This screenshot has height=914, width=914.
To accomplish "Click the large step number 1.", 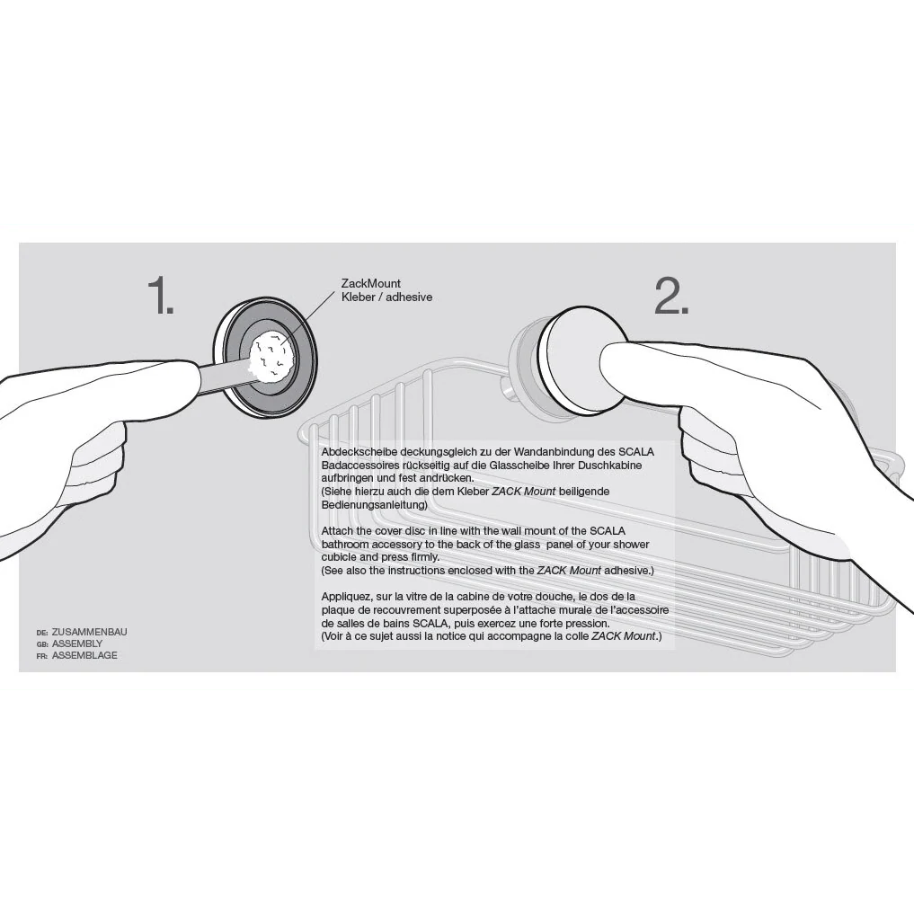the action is (x=160, y=295).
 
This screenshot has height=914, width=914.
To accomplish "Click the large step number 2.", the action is (x=671, y=295).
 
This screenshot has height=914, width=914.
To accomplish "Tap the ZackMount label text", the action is (x=371, y=284).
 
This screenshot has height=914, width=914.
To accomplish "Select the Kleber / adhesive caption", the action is (x=386, y=297).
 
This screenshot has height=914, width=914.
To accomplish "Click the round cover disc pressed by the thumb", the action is (x=583, y=361).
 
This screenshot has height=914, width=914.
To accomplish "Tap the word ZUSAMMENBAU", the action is (x=89, y=632).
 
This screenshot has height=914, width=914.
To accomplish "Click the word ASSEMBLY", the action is (x=77, y=643).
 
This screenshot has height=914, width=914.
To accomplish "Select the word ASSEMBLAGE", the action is (x=84, y=655).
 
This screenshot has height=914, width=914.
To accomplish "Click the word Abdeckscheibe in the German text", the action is (x=359, y=452).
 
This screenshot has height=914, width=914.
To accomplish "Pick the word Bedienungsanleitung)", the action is (x=374, y=505).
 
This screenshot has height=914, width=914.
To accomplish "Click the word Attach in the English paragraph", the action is (x=338, y=531).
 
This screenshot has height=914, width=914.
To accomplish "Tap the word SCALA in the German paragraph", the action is (x=636, y=452).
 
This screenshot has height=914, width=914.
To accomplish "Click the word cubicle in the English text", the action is (x=340, y=557).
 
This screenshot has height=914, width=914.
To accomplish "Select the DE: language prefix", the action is (x=41, y=633).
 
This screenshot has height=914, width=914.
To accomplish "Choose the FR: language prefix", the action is (x=41, y=656).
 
